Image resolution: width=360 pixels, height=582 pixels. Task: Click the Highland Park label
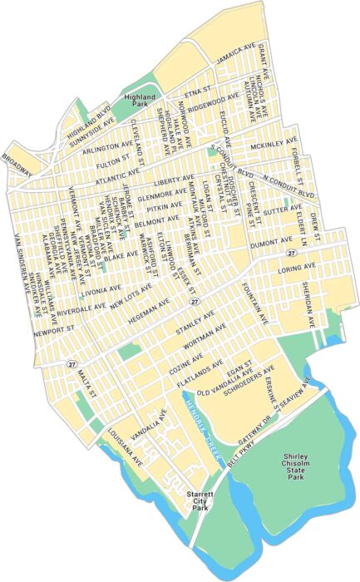pyautogui.click(x=146, y=101)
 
